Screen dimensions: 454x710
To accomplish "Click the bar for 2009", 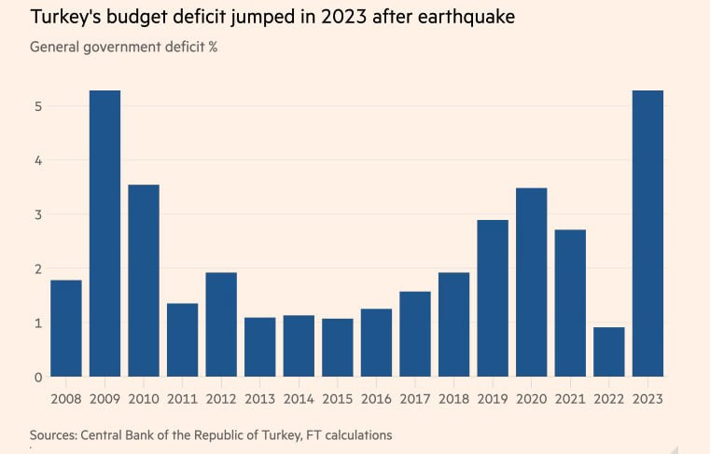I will [104, 233].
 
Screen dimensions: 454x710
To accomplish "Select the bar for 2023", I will [647, 233].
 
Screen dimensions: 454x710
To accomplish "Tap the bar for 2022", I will [608, 351].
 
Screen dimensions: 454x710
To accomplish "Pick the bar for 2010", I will [144, 281].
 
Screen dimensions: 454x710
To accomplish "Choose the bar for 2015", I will [338, 348].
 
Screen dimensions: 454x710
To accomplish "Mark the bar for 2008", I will [66, 328].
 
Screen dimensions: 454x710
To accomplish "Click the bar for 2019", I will [493, 298].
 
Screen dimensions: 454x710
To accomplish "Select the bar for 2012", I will [221, 324].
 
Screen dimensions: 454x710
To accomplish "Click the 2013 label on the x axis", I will [260, 400].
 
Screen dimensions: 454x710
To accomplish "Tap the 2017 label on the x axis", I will [415, 400].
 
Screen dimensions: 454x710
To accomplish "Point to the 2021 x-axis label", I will [570, 400].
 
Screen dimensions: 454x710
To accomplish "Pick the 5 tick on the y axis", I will [38, 106].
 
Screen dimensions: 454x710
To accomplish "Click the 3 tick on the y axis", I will [38, 214].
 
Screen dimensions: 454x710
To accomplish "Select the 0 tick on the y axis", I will [38, 378].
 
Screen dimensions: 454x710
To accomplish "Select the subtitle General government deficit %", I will [123, 47].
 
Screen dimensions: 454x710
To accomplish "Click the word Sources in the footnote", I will [53, 435].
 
